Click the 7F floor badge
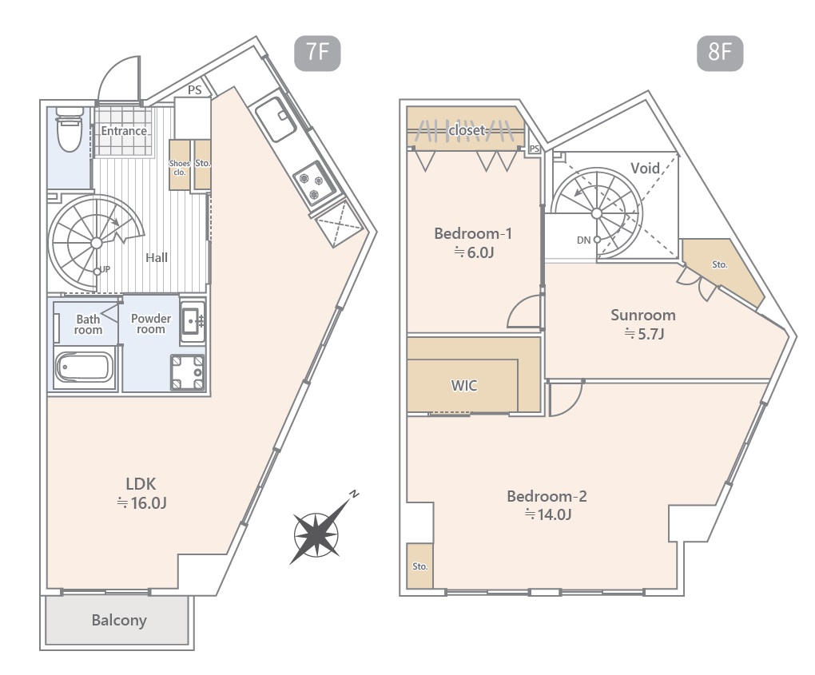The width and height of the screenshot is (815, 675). (317, 53)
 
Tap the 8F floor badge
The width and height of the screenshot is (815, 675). (720, 53)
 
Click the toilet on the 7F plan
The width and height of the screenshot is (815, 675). (70, 129)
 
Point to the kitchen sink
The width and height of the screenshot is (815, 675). (276, 119)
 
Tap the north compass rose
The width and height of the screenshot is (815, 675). (318, 533)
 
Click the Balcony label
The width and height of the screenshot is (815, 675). (119, 621)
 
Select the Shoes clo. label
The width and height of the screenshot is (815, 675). (179, 168)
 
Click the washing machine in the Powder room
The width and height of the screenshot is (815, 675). (188, 372)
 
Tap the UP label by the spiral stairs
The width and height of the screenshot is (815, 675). (105, 269)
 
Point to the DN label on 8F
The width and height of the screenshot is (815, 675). (584, 240)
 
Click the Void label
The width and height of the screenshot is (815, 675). (645, 168)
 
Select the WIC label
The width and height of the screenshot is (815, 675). (464, 386)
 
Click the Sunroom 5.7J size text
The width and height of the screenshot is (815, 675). (644, 334)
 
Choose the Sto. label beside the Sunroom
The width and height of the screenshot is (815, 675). (720, 264)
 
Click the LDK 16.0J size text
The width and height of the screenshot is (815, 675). (141, 503)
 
